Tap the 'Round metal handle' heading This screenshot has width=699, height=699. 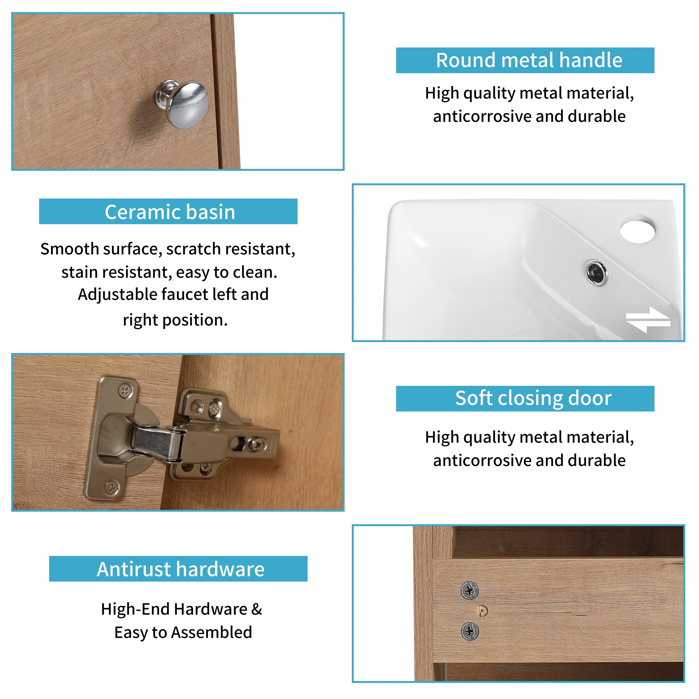[529, 60]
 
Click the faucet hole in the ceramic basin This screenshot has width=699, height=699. [637, 229]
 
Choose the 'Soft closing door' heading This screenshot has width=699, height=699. [533, 398]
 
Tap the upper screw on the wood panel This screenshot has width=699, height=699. [469, 591]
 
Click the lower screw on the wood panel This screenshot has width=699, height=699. [470, 632]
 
